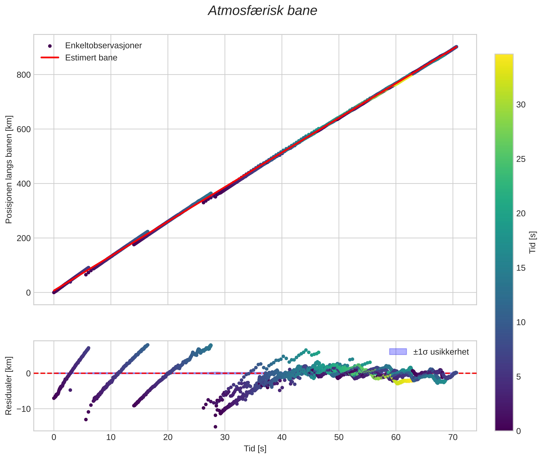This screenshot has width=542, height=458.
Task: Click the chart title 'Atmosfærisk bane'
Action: [x=262, y=11]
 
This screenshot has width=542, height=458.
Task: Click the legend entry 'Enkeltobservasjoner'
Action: [x=103, y=46]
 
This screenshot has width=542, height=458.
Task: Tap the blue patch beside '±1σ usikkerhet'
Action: [x=398, y=352]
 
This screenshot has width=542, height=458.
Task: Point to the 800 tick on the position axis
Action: [x=24, y=75]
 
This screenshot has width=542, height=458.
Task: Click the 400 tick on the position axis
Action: [x=24, y=184]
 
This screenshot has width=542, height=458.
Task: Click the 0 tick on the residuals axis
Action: [x=28, y=374]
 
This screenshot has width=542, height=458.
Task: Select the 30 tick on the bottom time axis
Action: [x=225, y=437]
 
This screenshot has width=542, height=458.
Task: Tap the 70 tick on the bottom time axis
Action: [x=453, y=437]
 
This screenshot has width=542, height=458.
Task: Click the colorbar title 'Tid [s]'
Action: [x=532, y=242]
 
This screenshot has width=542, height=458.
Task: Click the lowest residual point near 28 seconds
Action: [x=215, y=427]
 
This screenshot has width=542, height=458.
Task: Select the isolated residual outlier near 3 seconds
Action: [x=70, y=390]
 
